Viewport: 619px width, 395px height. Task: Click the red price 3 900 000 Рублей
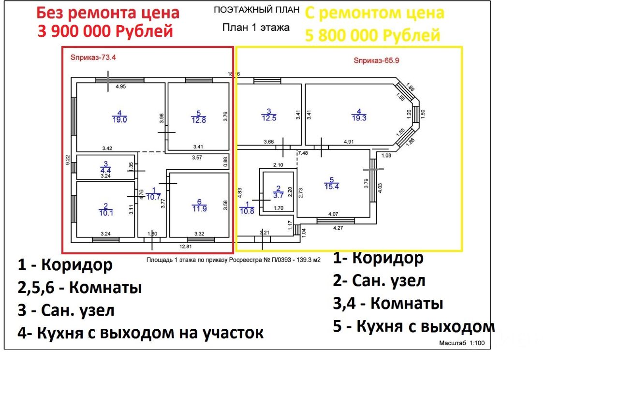pyautogui.click(x=105, y=32)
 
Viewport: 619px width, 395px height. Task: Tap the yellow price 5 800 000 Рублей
pyautogui.click(x=372, y=35)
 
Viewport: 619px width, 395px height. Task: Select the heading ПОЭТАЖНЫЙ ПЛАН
pyautogui.click(x=257, y=10)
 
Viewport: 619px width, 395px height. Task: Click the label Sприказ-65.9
pyautogui.click(x=377, y=61)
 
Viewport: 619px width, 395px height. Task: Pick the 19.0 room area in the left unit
pyautogui.click(x=119, y=120)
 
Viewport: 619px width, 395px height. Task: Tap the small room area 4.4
pyautogui.click(x=105, y=170)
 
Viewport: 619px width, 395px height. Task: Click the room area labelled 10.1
pyautogui.click(x=105, y=212)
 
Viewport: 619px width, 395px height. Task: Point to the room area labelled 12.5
pyautogui.click(x=269, y=117)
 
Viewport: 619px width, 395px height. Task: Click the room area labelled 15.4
pyautogui.click(x=332, y=186)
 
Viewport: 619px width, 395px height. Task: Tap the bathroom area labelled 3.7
pyautogui.click(x=278, y=195)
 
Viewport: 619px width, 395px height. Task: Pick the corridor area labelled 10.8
pyautogui.click(x=247, y=211)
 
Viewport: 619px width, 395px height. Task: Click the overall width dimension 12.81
pyautogui.click(x=193, y=246)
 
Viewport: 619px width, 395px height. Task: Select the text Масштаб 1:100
pyautogui.click(x=461, y=344)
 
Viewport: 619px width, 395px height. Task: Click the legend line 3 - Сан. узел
pyautogui.click(x=66, y=310)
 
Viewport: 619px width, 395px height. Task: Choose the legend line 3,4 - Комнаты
pyautogui.click(x=388, y=304)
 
